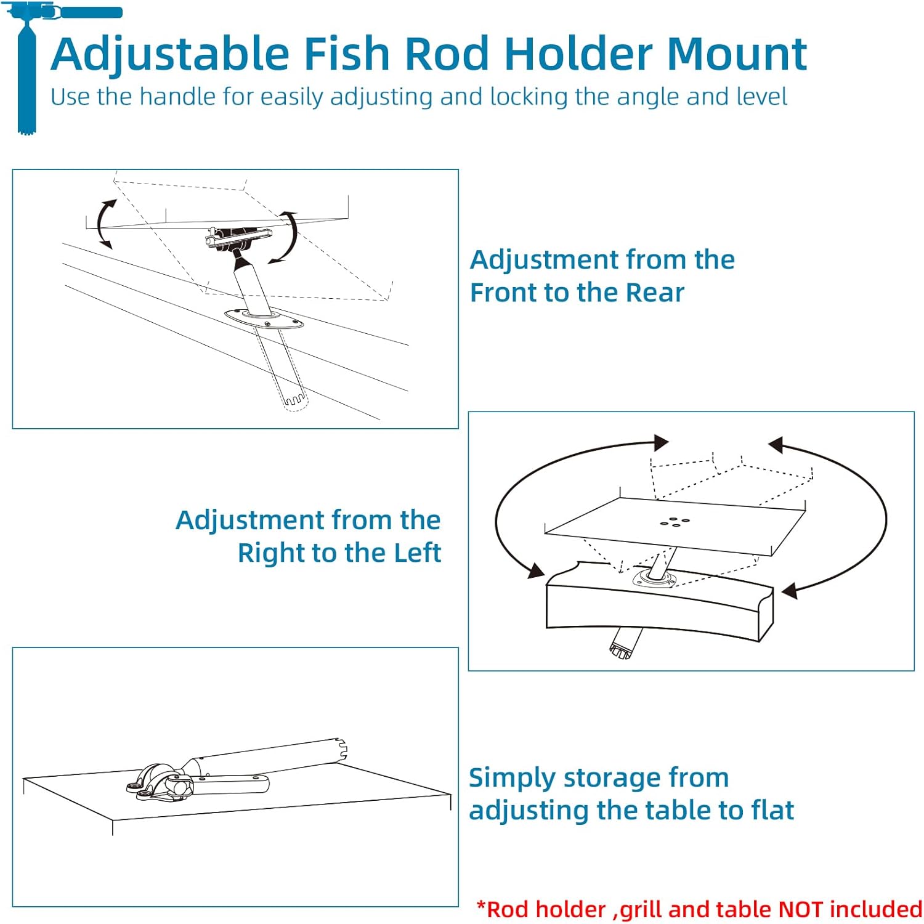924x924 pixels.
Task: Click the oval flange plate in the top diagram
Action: tap(264, 319)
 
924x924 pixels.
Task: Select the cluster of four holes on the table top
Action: tap(675, 522)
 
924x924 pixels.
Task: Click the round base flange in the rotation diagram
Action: tap(656, 578)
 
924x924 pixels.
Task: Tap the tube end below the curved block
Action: tap(622, 647)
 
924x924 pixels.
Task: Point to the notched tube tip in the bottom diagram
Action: tap(341, 749)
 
